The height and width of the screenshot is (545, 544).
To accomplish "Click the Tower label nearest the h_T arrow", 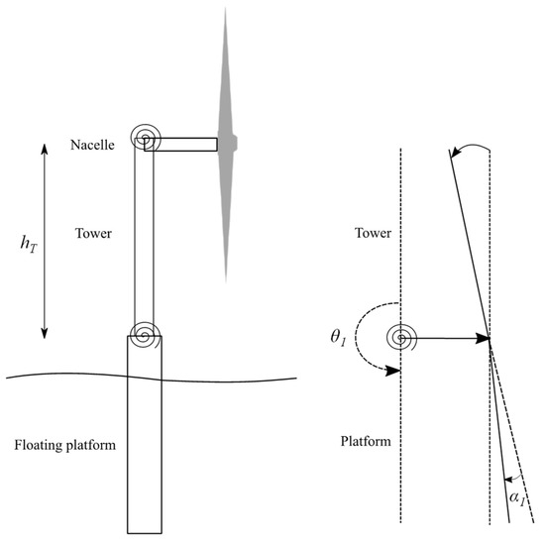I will point(91,235).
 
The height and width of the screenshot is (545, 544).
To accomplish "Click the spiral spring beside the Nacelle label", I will point(143,138).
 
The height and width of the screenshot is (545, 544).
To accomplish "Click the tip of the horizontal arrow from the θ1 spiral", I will point(489,339).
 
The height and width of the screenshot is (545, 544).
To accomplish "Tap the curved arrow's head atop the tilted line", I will point(453,152).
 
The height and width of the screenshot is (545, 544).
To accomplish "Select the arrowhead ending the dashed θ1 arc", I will point(397,373).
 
